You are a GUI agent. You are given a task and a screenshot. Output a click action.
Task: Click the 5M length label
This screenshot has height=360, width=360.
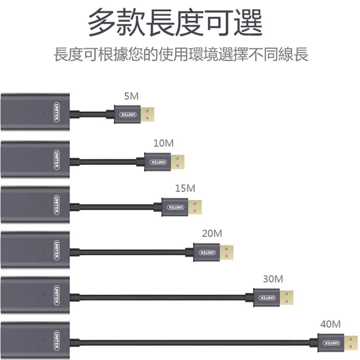(131, 96)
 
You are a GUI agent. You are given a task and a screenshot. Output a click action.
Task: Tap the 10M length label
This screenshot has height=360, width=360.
(163, 143)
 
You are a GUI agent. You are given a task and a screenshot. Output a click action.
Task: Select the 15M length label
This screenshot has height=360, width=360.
(185, 188)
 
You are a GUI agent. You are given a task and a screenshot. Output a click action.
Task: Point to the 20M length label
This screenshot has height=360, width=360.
(212, 233)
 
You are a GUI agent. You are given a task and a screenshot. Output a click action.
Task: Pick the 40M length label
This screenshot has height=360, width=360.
(330, 323)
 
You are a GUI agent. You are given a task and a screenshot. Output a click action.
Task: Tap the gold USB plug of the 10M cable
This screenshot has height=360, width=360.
(178, 162)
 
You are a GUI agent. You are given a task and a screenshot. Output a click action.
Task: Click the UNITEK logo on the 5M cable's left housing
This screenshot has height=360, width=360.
(58, 111)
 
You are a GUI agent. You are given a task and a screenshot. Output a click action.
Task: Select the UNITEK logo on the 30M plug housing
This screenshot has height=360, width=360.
(266, 298)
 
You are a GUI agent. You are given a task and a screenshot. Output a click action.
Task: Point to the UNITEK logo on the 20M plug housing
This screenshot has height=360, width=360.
(205, 253)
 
